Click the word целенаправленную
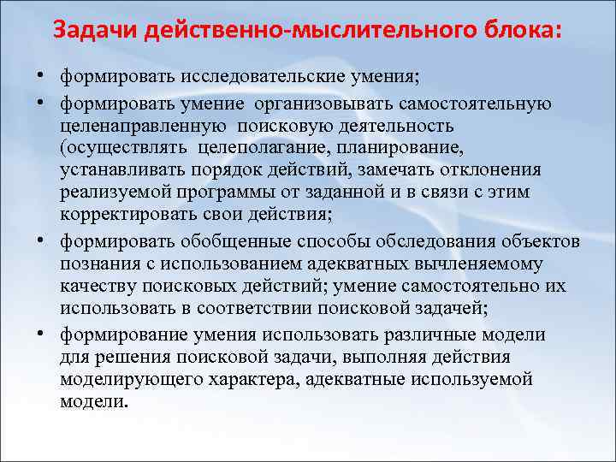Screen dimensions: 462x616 [x=145, y=127]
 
